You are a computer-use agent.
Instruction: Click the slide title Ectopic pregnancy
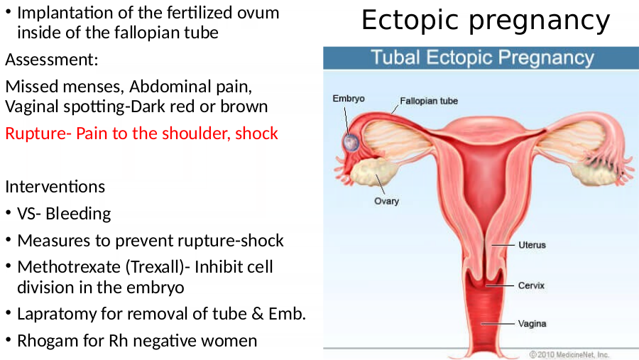[486, 21]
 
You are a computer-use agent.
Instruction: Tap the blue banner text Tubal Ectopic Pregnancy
[483, 58]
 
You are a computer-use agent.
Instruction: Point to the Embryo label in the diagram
[349, 99]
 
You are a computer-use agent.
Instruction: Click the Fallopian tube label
[429, 101]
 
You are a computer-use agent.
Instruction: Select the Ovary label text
[386, 201]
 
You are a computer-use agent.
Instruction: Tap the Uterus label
[532, 245]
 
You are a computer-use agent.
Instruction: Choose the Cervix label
[531, 285]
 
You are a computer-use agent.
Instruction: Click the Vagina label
[532, 324]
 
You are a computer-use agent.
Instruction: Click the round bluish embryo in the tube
[351, 143]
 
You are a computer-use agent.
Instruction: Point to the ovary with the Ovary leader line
[373, 172]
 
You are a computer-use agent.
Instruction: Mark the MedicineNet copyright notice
[569, 355]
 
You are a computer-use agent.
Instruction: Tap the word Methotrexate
[69, 267]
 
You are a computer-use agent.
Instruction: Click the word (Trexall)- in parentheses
[158, 267]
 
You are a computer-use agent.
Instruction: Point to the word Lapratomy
[57, 314]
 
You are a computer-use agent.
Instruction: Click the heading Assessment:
[52, 60]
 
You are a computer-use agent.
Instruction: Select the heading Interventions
[55, 187]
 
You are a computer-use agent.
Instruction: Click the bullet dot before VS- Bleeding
[8, 212]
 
